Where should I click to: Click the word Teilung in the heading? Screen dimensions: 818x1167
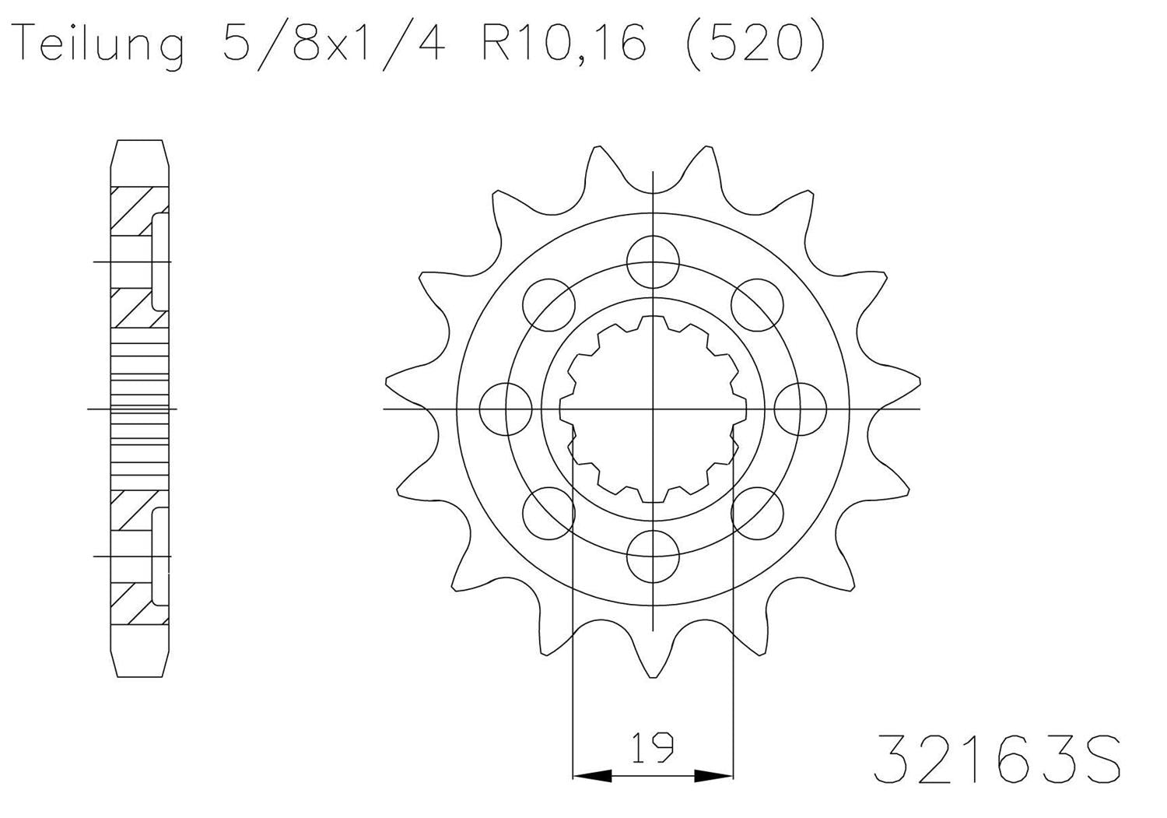(100, 44)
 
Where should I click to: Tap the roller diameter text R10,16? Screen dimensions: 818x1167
(564, 44)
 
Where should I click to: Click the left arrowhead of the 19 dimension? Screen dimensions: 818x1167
(591, 775)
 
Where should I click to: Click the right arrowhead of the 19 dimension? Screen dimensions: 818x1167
(714, 775)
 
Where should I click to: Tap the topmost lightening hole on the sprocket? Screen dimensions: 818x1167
(653, 262)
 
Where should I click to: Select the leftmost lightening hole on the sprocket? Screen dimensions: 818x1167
(506, 409)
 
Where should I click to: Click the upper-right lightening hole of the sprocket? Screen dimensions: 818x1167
(756, 304)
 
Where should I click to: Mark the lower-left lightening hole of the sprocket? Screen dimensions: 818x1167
(549, 513)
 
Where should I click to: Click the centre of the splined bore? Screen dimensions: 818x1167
(653, 409)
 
